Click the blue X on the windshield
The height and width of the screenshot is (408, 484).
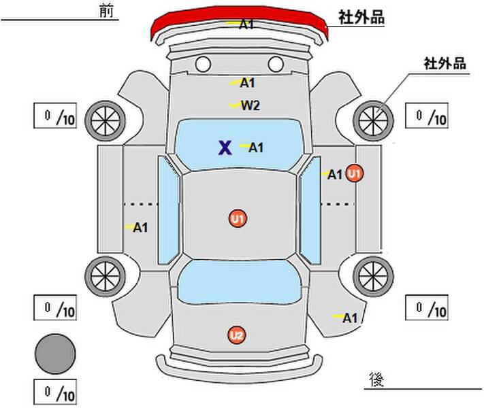coord(225,148)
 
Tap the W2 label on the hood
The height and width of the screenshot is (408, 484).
coord(251,106)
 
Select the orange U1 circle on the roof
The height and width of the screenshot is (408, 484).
coord(238,219)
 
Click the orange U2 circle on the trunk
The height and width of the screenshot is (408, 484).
coord(237,335)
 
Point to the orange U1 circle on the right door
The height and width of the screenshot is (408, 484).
coord(355,173)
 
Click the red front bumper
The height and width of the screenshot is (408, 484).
coord(239,18)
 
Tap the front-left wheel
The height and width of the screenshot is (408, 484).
coord(106,121)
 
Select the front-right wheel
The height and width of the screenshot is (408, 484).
coord(373,121)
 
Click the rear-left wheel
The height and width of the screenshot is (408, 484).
coord(106,277)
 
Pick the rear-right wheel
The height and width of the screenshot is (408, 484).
coord(373,277)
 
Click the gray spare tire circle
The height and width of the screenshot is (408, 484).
coord(55,354)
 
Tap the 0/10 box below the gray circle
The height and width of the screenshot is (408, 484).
coord(55,392)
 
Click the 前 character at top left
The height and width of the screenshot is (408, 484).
coord(106,12)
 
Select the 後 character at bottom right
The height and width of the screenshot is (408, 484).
coord(376,379)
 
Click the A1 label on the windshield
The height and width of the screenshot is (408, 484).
coord(256,148)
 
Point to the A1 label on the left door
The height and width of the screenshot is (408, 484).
coord(140,228)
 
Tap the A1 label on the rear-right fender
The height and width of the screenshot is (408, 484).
coord(350,318)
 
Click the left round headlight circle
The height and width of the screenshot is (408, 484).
coord(203,64)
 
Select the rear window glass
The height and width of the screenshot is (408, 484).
coord(240,282)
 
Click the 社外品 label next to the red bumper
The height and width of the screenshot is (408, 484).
coord(361,17)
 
